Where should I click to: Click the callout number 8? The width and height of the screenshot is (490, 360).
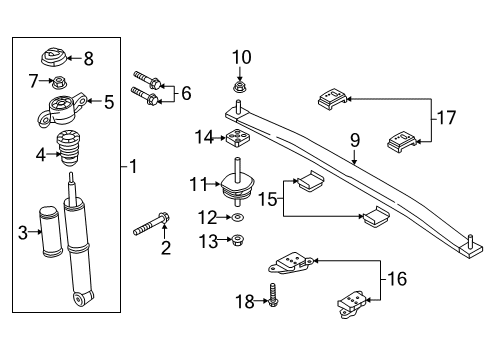point(88,59)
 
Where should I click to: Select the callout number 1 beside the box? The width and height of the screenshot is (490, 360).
point(132,165)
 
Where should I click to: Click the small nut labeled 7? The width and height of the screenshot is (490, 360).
point(62,79)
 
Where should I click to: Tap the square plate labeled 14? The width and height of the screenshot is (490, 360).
point(238,137)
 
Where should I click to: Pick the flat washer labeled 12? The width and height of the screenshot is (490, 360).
point(238,216)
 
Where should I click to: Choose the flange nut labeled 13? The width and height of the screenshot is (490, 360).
point(238,240)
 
